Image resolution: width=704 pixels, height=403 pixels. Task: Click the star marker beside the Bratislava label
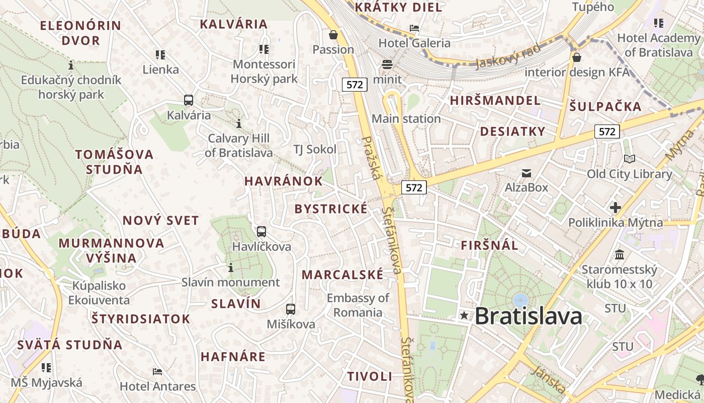click(464, 316)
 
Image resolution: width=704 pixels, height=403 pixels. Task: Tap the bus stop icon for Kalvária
click(189, 100)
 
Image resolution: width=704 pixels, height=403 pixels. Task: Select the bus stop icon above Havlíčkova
click(261, 232)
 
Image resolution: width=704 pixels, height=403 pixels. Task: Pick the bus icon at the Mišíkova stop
click(291, 309)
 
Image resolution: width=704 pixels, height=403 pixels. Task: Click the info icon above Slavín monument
click(231, 267)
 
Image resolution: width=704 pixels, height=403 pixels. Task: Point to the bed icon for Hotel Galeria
click(414, 28)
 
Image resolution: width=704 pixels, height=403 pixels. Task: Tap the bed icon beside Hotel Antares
click(157, 372)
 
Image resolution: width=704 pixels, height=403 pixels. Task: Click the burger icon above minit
click(387, 64)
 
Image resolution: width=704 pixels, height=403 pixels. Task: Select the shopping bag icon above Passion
click(333, 35)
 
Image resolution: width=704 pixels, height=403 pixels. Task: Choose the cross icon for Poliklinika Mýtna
click(615, 207)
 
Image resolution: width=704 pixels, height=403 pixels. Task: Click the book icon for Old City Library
click(629, 159)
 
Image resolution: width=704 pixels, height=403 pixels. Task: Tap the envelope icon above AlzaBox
click(526, 173)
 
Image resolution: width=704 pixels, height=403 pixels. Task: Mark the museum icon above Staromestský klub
click(620, 254)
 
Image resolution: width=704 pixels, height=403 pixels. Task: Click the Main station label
click(406, 119)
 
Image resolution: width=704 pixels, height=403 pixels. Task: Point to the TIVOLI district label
click(370, 376)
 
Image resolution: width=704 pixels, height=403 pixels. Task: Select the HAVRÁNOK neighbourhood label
click(284, 181)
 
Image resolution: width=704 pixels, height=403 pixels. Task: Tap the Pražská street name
click(373, 159)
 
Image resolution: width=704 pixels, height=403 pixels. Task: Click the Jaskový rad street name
click(507, 55)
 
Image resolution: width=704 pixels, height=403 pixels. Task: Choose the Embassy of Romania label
click(358, 305)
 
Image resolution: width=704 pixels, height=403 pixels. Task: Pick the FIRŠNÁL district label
click(489, 245)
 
